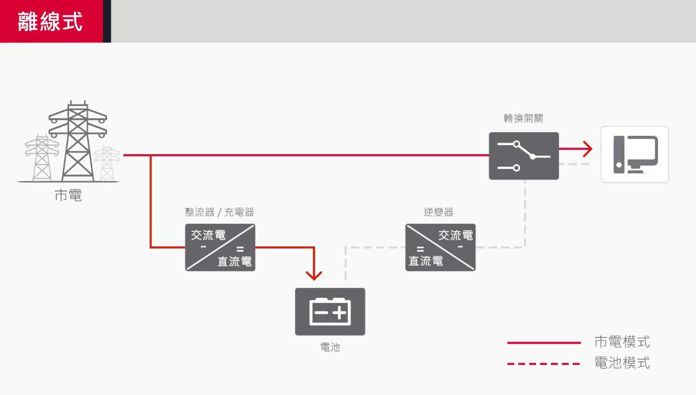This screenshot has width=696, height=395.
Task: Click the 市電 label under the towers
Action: [x=68, y=196]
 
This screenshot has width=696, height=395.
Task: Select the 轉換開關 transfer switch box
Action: [x=524, y=156]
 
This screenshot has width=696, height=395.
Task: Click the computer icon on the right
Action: [x=634, y=155]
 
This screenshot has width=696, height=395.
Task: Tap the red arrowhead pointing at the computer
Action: [x=586, y=149]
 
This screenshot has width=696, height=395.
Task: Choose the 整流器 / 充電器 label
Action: [x=219, y=212]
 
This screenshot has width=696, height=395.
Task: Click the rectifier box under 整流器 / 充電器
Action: [x=220, y=247]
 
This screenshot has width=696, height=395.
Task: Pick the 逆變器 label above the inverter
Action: [x=439, y=212]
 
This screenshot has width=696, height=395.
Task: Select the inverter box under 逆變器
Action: [x=440, y=247]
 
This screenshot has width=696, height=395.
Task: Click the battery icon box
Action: [x=330, y=312]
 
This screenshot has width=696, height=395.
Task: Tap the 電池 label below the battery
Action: [x=330, y=348]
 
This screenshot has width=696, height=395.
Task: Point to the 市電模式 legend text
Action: [x=622, y=342]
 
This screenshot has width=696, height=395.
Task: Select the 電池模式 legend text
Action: [x=622, y=363]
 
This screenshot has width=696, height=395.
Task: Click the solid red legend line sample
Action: [x=543, y=343]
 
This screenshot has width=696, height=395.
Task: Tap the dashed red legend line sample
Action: [x=543, y=363]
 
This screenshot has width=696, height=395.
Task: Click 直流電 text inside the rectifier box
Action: [x=235, y=261]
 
